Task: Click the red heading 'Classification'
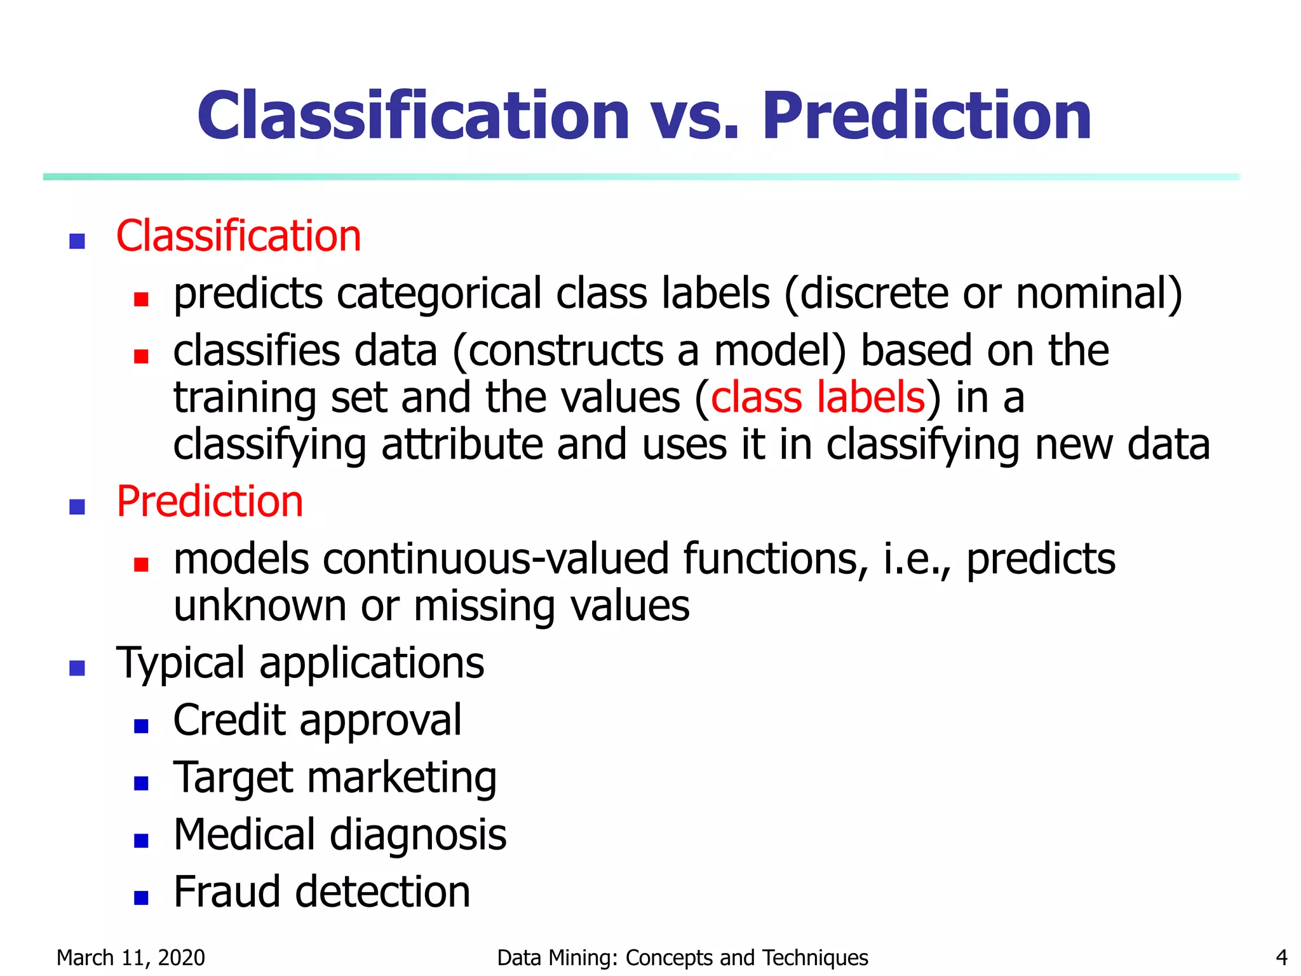click(238, 236)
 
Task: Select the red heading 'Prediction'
click(210, 502)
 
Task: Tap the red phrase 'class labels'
click(818, 398)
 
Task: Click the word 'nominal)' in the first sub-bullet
click(1098, 294)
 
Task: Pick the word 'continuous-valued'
click(495, 559)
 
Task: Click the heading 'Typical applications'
click(300, 663)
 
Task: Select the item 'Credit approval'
click(317, 721)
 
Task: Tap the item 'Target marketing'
click(335, 778)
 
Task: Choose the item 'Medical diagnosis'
click(340, 835)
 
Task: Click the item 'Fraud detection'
click(321, 892)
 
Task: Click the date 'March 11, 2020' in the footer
click(131, 958)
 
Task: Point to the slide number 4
click(1281, 958)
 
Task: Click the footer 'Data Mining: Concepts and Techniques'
click(682, 958)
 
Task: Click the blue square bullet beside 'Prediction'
click(77, 506)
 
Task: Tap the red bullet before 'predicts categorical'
click(141, 299)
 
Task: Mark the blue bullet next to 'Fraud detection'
click(141, 897)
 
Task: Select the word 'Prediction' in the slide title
click(926, 117)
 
